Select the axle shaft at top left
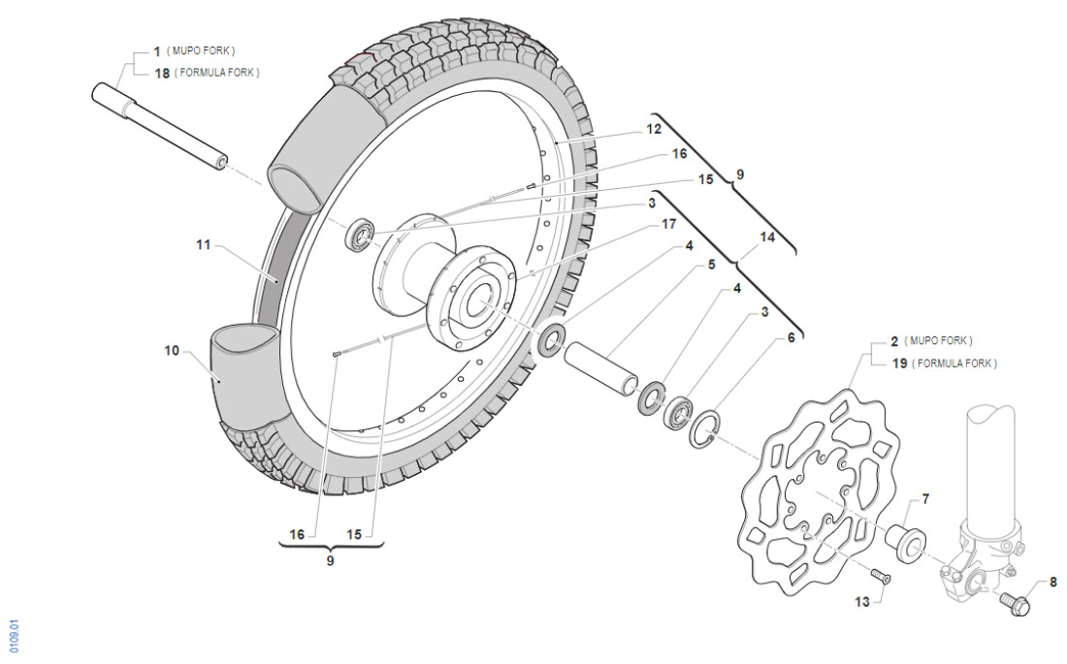160,126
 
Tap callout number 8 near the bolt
1054,584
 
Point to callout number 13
861,602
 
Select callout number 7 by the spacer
925,499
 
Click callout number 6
791,337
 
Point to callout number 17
668,225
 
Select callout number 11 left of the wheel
203,245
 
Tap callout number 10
172,350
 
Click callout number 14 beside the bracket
768,236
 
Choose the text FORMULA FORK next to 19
954,364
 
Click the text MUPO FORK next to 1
202,50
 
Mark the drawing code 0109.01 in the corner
14,636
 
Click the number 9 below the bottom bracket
330,560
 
